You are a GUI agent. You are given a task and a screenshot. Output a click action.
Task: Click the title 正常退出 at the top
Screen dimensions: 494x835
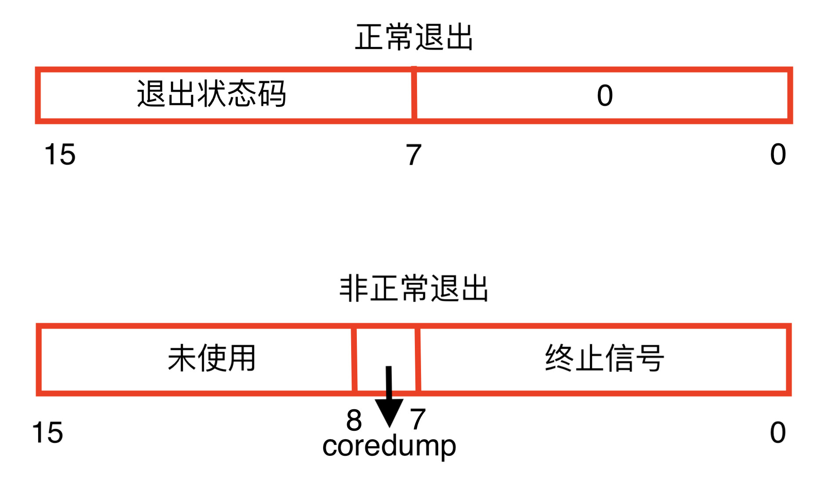point(414,37)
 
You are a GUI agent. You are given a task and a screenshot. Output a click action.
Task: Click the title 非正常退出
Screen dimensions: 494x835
point(414,288)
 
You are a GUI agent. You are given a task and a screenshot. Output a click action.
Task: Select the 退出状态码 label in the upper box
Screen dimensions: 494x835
point(211,94)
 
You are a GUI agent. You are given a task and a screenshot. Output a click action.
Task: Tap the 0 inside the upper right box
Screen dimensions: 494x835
point(605,95)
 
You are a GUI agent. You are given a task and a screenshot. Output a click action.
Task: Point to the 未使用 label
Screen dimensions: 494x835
point(211,358)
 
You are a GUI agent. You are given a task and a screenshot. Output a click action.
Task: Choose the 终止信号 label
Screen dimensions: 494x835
point(604,358)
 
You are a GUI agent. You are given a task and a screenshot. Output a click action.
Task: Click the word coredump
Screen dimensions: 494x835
point(389,447)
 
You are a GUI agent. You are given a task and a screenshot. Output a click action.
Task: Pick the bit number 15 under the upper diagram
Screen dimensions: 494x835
point(60,155)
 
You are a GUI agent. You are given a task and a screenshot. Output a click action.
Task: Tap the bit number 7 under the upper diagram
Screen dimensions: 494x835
point(414,155)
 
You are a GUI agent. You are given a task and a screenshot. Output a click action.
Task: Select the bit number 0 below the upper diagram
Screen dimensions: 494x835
point(778,155)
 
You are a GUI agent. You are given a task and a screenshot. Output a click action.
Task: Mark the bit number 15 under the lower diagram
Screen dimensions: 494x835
point(47,433)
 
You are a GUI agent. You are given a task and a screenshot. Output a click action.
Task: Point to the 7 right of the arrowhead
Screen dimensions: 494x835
point(418,419)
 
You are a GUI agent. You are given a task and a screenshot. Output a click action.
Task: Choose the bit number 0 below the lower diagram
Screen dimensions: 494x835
point(778,433)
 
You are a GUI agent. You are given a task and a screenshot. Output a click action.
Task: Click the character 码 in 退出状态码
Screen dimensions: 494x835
point(272,94)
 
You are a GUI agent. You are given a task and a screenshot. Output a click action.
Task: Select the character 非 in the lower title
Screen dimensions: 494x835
point(354,288)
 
